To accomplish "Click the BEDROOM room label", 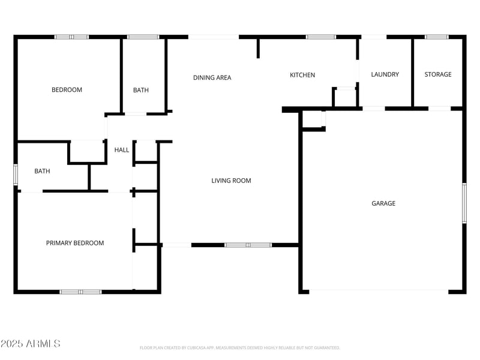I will (x=67, y=90).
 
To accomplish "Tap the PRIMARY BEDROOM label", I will (x=75, y=243).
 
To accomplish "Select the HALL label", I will (x=122, y=150).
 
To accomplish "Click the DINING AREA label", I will (x=212, y=77).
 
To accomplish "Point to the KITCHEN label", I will (x=302, y=75).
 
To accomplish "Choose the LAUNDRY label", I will (x=385, y=74).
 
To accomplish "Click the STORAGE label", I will (x=438, y=74).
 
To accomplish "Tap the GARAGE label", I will (x=383, y=203).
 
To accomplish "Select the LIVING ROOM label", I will (x=231, y=181).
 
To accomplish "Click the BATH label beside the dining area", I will (x=141, y=91).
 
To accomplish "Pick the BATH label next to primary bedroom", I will (x=42, y=171).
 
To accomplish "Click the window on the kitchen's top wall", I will (x=321, y=37).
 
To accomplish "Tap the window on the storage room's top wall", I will (x=436, y=37).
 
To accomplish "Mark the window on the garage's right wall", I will (x=464, y=203).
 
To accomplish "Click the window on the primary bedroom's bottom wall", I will (x=80, y=292).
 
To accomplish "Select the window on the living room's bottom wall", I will (x=248, y=245).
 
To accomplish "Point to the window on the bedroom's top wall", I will (x=71, y=37).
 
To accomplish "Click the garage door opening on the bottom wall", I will (x=379, y=292).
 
